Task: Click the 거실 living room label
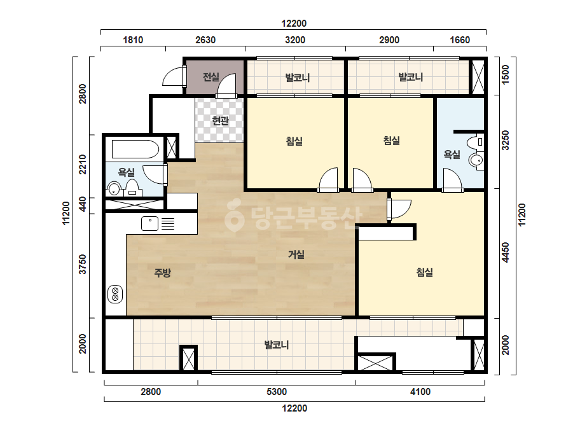pyautogui.click(x=296, y=254)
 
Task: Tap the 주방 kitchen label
pyautogui.click(x=162, y=273)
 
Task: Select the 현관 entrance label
pyautogui.click(x=220, y=121)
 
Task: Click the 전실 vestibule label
pyautogui.click(x=211, y=77)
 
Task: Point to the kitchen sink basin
pyautogui.click(x=149, y=224)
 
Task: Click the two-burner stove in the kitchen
pyautogui.click(x=115, y=294)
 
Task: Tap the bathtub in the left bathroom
pyautogui.click(x=135, y=149)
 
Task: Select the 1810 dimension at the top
pyautogui.click(x=133, y=39)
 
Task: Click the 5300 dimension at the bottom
pyautogui.click(x=277, y=392)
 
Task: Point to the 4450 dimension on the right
pyautogui.click(x=506, y=253)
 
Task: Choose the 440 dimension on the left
pyautogui.click(x=83, y=204)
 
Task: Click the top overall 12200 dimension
pyautogui.click(x=294, y=24)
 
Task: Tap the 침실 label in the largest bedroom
pyautogui.click(x=425, y=272)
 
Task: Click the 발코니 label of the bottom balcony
pyautogui.click(x=277, y=345)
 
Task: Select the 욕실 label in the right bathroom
pyautogui.click(x=452, y=155)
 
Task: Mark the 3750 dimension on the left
pyautogui.click(x=83, y=264)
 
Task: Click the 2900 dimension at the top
pyautogui.click(x=389, y=39)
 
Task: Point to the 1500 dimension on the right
pyautogui.click(x=506, y=74)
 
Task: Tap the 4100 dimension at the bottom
pyautogui.click(x=420, y=392)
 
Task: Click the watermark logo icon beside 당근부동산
pyautogui.click(x=234, y=218)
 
